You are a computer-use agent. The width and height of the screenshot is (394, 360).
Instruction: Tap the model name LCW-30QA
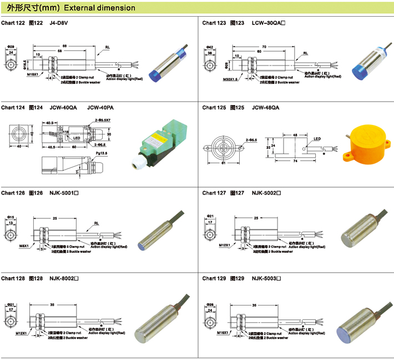[267, 23]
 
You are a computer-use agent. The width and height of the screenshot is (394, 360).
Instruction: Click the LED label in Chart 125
[317, 139]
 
